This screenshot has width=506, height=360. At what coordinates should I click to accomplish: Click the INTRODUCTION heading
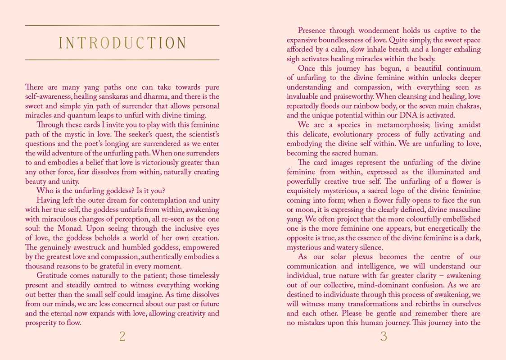click(x=122, y=43)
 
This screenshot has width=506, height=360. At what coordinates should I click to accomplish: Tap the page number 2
click(x=122, y=336)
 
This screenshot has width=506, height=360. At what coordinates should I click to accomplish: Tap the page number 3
click(x=384, y=336)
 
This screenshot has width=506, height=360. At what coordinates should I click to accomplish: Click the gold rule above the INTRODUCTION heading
click(x=122, y=26)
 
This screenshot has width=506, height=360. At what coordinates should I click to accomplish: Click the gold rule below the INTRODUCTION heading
click(x=122, y=59)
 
